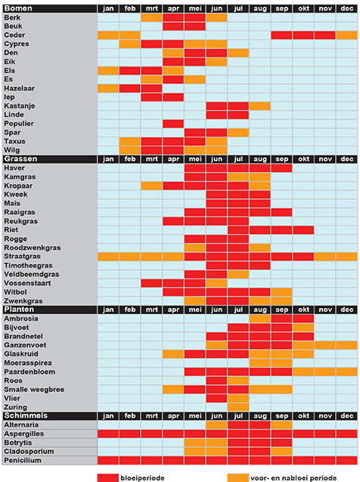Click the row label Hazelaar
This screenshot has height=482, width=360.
20,89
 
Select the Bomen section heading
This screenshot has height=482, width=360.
18,8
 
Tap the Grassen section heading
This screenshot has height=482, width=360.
20,159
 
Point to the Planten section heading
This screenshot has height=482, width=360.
19,309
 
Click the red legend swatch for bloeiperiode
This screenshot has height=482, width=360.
108,477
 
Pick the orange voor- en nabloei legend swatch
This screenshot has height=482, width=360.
238,477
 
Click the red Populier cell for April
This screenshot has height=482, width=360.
173,123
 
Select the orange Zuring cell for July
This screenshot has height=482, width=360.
238,407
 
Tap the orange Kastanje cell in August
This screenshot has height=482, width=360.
260,106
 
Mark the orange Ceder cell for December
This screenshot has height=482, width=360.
347,35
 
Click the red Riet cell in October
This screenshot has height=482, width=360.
303,230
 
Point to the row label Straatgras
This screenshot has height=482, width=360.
22,257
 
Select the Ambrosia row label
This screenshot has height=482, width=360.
21,319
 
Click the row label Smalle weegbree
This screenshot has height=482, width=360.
34,390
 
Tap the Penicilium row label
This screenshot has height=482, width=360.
23,460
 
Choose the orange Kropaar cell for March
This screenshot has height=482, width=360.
151,185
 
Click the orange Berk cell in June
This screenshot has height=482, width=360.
216,17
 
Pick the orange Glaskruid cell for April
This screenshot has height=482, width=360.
173,354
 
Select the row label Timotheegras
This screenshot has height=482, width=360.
28,266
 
